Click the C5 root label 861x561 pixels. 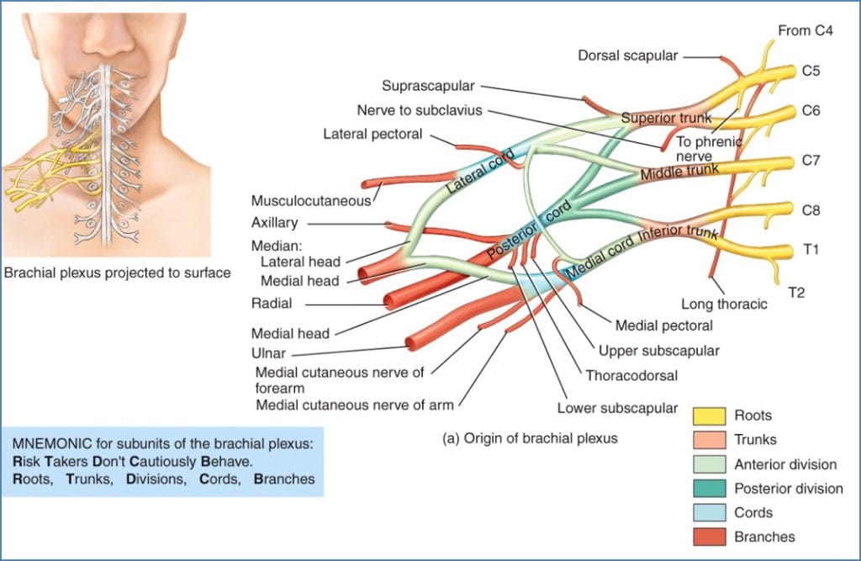(811, 71)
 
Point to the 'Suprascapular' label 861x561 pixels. (428, 86)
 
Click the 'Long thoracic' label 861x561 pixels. (724, 304)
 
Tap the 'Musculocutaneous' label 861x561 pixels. (311, 200)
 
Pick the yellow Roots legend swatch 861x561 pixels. (709, 415)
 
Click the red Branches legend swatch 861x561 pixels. (709, 537)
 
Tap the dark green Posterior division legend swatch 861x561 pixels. (709, 489)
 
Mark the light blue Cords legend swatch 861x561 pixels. (709, 512)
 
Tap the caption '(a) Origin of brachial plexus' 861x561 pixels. (530, 438)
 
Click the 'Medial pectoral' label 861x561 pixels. (663, 325)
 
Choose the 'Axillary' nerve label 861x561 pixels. (274, 223)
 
